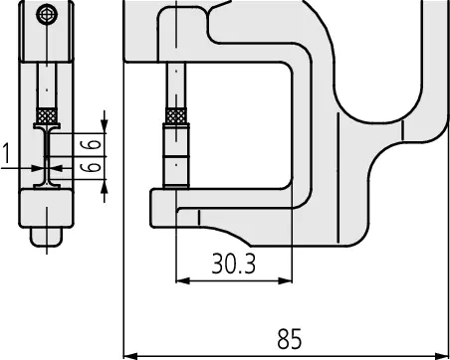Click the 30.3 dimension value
tap(234, 264)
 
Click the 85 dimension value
tap(289, 339)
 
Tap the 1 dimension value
tap(6, 153)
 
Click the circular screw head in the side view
tap(47, 14)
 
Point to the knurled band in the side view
tap(47, 115)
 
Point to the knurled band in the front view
tap(176, 115)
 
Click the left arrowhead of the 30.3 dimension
tap(182, 280)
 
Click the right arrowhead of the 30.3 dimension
tap(286, 280)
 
